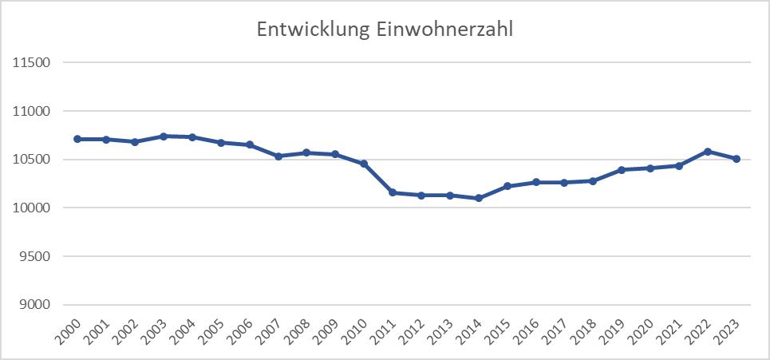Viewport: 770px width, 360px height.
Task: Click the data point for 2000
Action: (77, 139)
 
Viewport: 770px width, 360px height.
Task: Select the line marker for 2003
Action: (164, 136)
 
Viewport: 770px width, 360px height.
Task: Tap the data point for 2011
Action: (393, 192)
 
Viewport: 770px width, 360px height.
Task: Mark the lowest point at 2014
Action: (479, 198)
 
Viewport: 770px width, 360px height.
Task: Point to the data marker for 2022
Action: (708, 151)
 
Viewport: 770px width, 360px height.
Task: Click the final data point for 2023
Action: (736, 159)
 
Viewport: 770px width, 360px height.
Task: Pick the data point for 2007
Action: (278, 156)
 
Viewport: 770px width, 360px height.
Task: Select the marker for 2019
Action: (622, 170)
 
